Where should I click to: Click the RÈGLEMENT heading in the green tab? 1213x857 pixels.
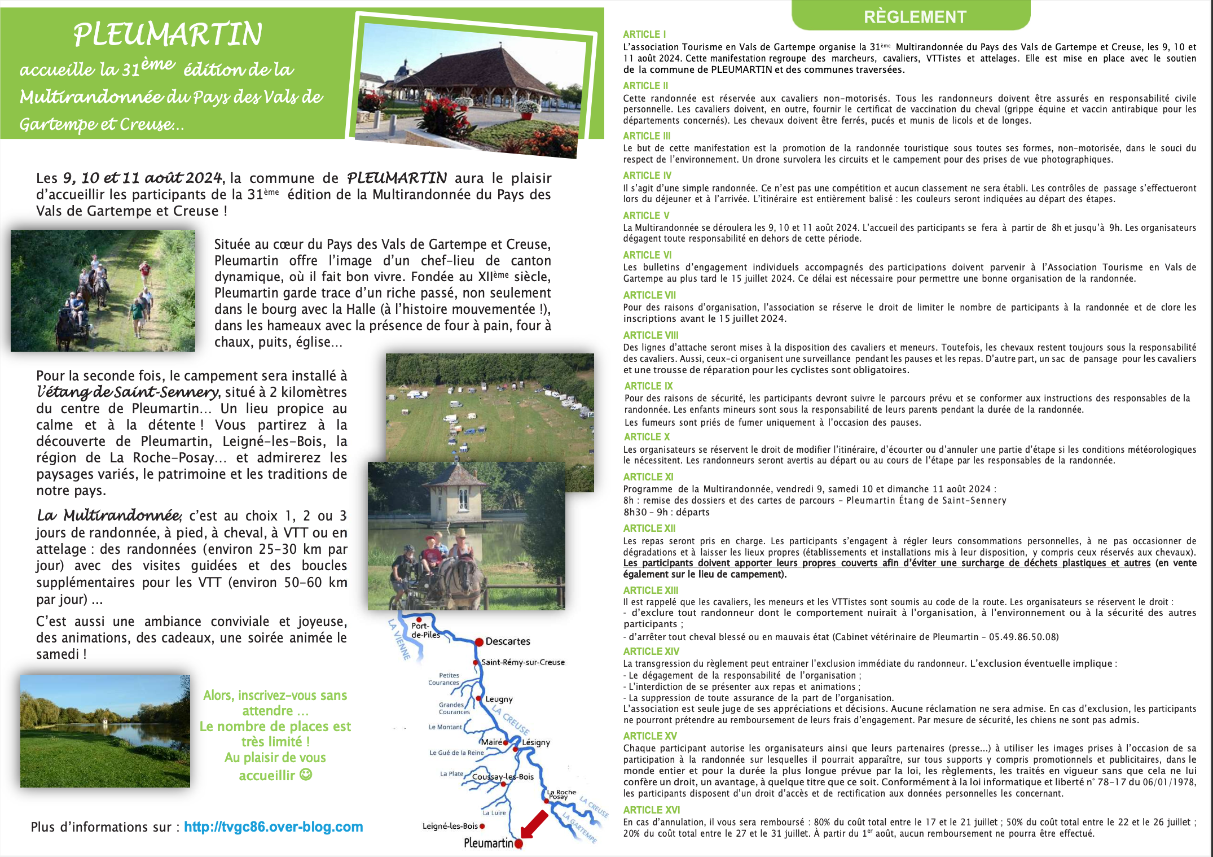pos(915,17)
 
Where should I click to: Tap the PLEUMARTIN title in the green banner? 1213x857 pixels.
pos(168,34)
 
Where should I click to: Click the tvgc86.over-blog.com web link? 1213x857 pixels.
pos(273,827)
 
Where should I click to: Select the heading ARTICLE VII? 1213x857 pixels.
pos(649,295)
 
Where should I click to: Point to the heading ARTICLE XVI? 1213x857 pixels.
pos(651,810)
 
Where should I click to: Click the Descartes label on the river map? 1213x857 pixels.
pos(508,641)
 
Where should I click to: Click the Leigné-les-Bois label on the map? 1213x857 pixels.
pos(450,826)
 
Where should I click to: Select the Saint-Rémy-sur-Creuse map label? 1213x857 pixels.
pos(522,662)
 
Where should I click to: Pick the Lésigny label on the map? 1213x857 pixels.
pos(536,742)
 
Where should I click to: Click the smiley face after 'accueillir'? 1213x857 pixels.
pos(306,775)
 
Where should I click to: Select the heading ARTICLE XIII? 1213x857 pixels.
pos(651,591)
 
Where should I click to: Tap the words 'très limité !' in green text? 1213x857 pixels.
pos(275,742)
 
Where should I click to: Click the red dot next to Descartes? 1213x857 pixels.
pos(479,642)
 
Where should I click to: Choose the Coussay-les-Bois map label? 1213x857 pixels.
pos(503,777)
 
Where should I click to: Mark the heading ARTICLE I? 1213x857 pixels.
pos(644,34)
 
